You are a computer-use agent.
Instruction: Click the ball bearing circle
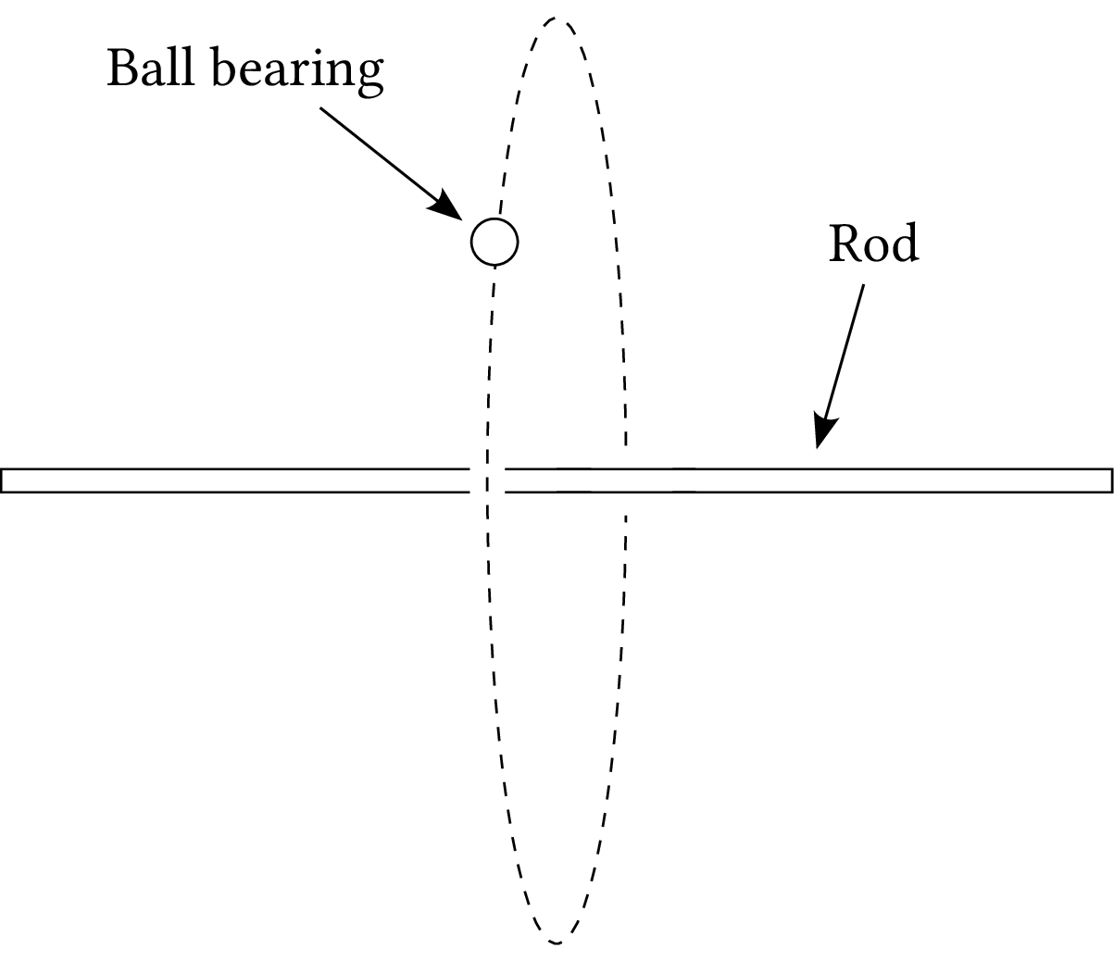pyautogui.click(x=494, y=242)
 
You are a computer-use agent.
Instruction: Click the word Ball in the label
pyautogui.click(x=148, y=69)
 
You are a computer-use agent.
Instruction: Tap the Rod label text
pyautogui.click(x=872, y=243)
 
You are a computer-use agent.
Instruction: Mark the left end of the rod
pyautogui.click(x=4, y=480)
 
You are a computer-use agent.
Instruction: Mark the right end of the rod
pyautogui.click(x=1109, y=480)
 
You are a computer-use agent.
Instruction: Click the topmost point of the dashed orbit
pyautogui.click(x=556, y=18)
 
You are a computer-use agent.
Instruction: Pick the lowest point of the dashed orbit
pyautogui.click(x=556, y=942)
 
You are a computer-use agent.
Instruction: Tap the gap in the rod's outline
pyautogui.click(x=487, y=480)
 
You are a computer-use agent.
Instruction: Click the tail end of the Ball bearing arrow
pyautogui.click(x=320, y=108)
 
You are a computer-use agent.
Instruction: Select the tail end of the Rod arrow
pyautogui.click(x=863, y=285)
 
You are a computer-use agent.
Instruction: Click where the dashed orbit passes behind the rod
pyautogui.click(x=625, y=480)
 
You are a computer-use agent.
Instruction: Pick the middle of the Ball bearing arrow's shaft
pyautogui.click(x=381, y=155)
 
